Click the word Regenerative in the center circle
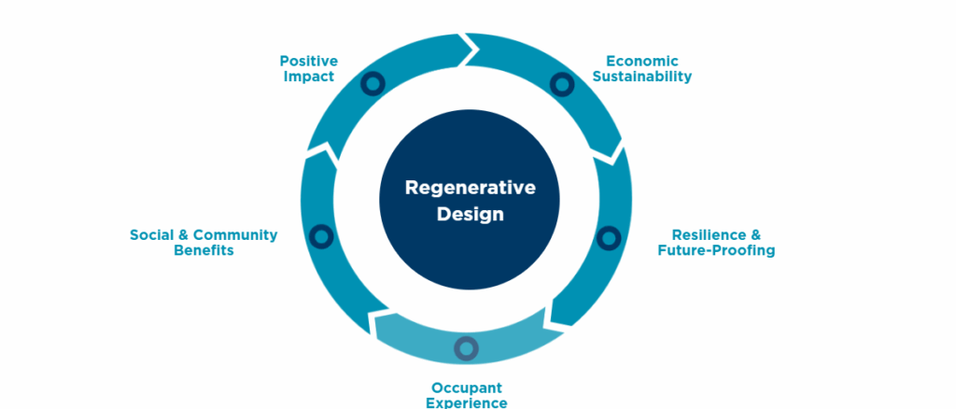(470, 187)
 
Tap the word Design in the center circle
(470, 214)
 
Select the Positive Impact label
(308, 68)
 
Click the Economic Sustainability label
(642, 68)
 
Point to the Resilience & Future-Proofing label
(716, 243)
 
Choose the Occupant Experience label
(467, 395)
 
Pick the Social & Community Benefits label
(204, 243)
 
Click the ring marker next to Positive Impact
(373, 84)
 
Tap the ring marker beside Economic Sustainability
(561, 85)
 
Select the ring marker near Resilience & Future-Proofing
(608, 237)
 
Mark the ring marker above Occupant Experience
(466, 349)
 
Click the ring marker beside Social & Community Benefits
(321, 237)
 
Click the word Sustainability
(642, 77)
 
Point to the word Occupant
(467, 388)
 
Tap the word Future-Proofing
(716, 251)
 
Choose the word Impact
(308, 77)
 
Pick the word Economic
(642, 61)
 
